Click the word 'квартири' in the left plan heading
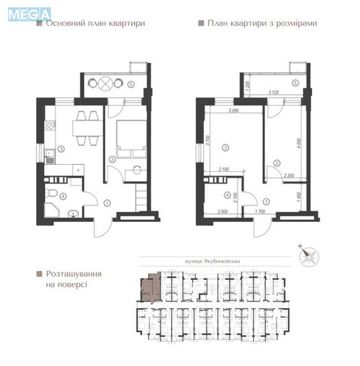pyautogui.click(x=125, y=23)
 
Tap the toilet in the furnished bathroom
pyautogui.click(x=53, y=193)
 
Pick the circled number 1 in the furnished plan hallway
pyautogui.click(x=107, y=202)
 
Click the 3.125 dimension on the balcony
pyautogui.click(x=273, y=92)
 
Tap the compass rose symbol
pyautogui.click(x=312, y=254)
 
